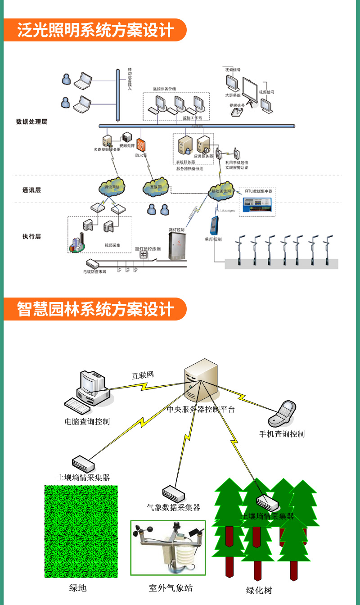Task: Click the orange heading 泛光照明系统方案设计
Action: coord(95,31)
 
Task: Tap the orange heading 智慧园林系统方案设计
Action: coord(95,310)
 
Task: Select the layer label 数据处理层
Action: coord(31,122)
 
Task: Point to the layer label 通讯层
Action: coord(31,190)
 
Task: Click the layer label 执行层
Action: coord(31,236)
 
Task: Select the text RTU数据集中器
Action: coord(257,191)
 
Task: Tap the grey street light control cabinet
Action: coord(177,246)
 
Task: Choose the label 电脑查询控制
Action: coord(87,422)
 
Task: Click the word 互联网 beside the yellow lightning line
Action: coord(143,375)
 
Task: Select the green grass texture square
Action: coord(81,531)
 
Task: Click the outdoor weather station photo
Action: coord(168,548)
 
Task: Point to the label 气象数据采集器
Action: coord(173,507)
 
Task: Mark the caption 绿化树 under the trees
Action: coord(259,590)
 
